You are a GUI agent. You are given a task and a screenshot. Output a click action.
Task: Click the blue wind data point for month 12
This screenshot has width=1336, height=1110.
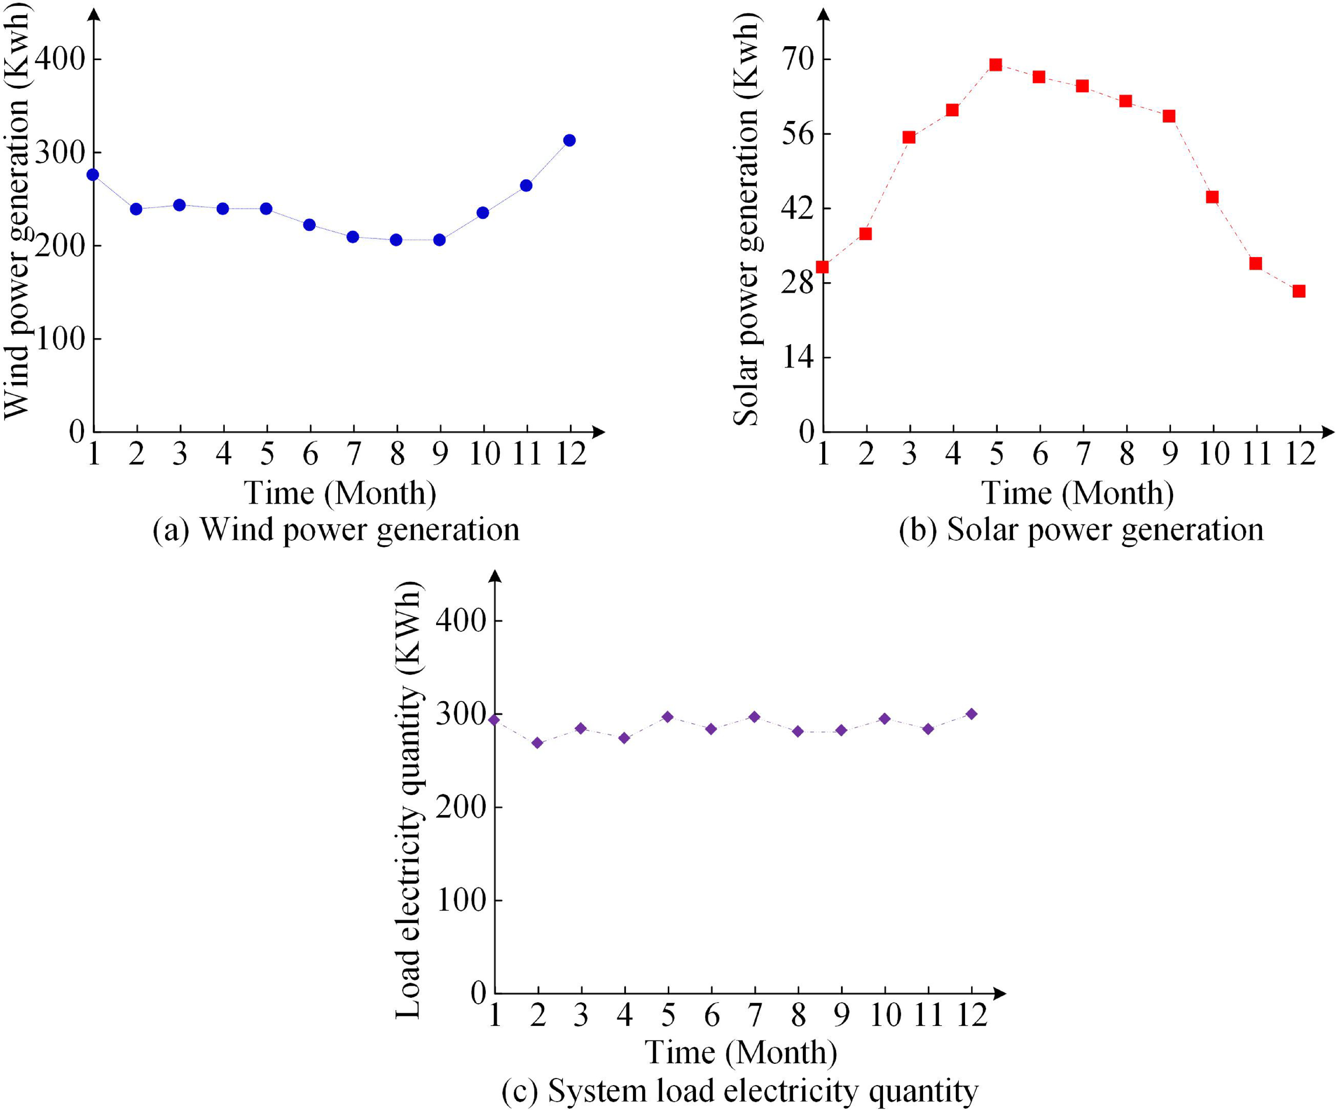point(569,140)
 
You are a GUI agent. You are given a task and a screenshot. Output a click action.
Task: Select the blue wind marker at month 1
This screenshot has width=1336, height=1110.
point(93,174)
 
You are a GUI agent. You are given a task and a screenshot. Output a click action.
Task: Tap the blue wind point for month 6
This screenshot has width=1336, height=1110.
point(310,225)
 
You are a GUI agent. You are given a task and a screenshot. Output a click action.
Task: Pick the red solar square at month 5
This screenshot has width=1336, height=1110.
point(996,65)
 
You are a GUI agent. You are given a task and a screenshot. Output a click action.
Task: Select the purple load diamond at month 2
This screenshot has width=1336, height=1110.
point(538,743)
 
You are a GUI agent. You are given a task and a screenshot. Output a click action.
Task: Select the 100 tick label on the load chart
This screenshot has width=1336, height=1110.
point(461,900)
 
